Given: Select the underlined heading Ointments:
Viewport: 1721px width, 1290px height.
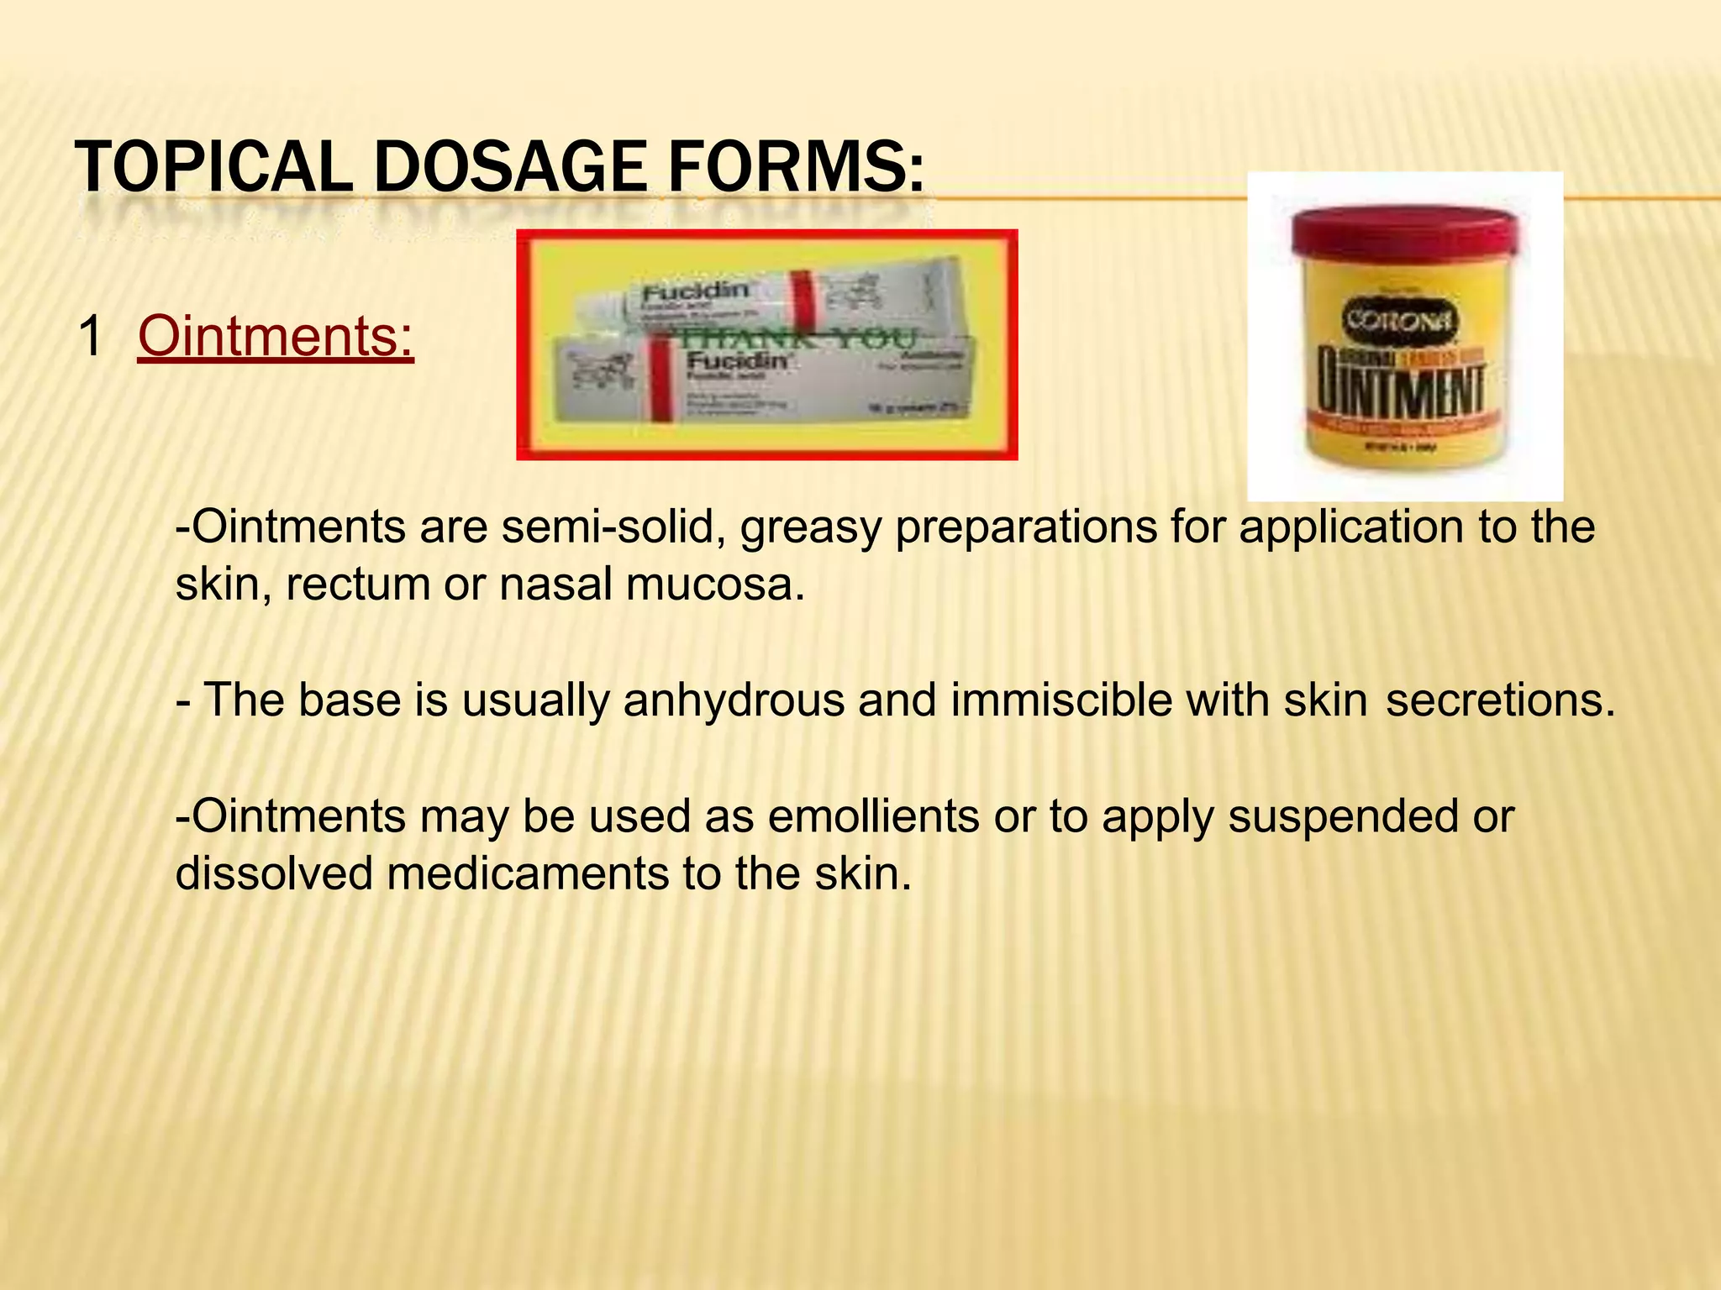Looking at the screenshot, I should (x=276, y=336).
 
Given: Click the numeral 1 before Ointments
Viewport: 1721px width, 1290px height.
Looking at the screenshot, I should (x=90, y=336).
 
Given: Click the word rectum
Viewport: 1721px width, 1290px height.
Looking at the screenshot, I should (x=358, y=585).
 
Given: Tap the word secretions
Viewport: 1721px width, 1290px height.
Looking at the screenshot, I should (x=1500, y=700).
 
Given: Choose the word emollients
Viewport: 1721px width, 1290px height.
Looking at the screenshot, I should (x=873, y=816).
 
